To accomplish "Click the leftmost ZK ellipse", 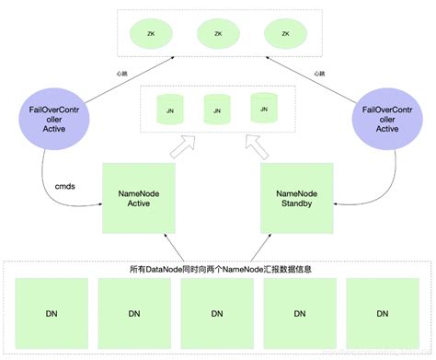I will tap(151, 34).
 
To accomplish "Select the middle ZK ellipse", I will tap(218, 34).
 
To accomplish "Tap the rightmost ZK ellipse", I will tap(284, 34).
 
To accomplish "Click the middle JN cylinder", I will tap(216, 110).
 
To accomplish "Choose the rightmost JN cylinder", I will tap(264, 108).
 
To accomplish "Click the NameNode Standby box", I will tap(297, 198).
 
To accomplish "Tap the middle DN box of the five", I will tap(219, 314).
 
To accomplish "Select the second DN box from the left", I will tap(133, 314).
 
